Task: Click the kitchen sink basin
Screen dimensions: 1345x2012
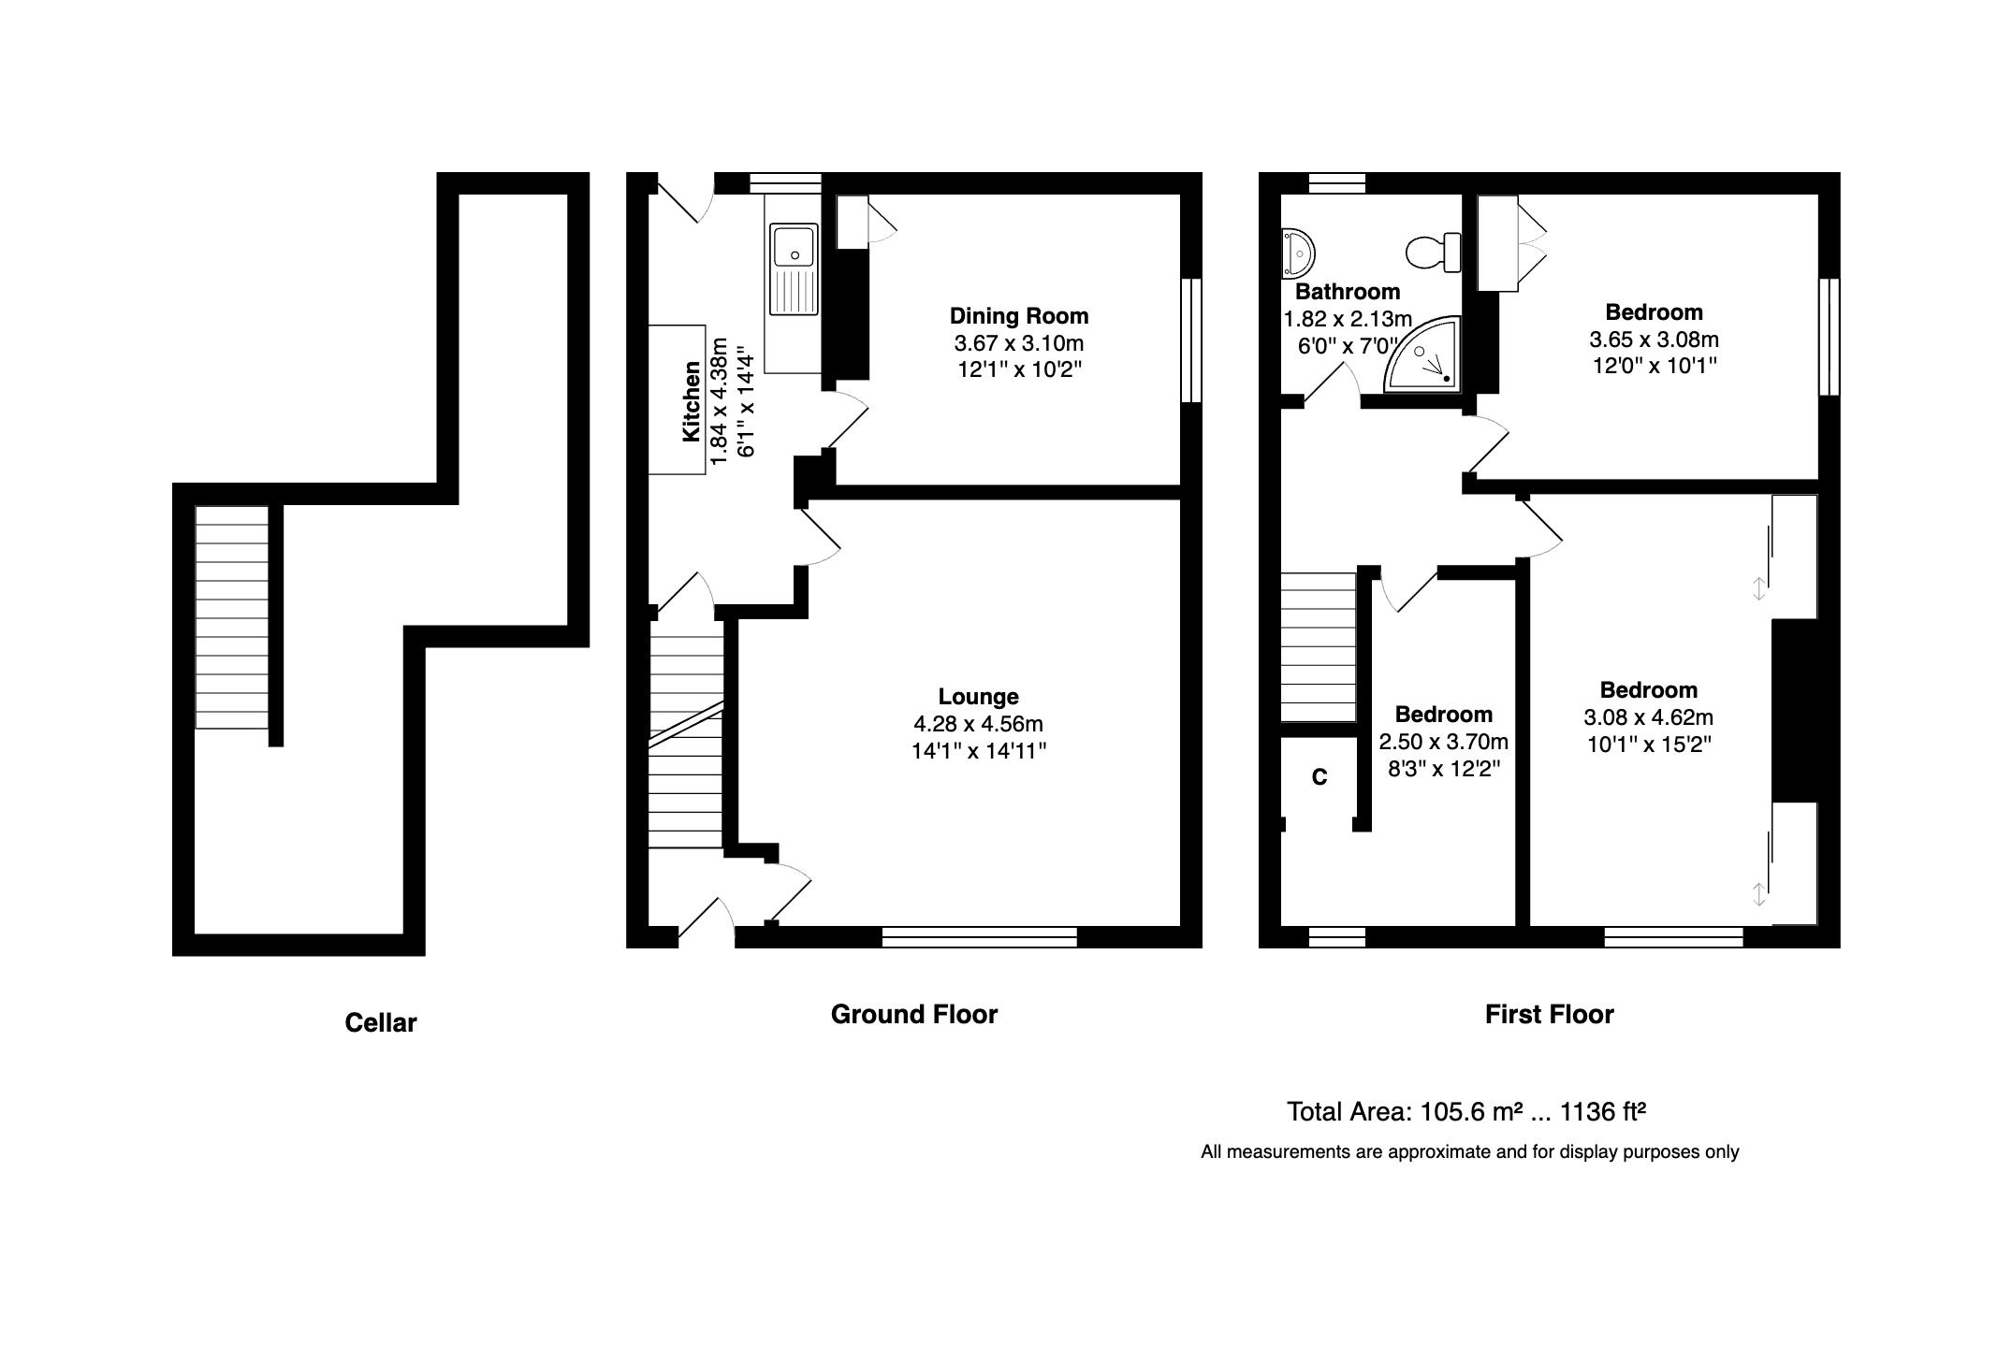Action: point(793,245)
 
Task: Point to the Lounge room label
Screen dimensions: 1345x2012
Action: point(978,697)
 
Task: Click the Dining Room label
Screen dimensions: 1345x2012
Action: point(1018,316)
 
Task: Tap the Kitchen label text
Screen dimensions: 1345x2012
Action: point(691,401)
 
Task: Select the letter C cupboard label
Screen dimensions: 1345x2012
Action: point(1319,777)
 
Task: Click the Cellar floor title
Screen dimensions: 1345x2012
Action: point(380,1023)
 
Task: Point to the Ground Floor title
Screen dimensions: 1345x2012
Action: point(913,1015)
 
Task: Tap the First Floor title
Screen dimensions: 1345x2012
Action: point(1549,1015)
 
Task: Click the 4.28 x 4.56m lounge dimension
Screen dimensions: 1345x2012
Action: point(978,724)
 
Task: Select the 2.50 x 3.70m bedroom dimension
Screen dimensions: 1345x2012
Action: point(1443,742)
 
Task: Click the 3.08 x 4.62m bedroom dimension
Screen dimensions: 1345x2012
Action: point(1648,718)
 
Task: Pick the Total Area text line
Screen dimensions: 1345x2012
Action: point(1465,1112)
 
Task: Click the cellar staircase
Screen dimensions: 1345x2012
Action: point(231,617)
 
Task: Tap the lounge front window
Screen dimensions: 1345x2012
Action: point(979,937)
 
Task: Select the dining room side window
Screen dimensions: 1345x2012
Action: point(1190,340)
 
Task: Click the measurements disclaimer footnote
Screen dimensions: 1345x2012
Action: point(1469,1152)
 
